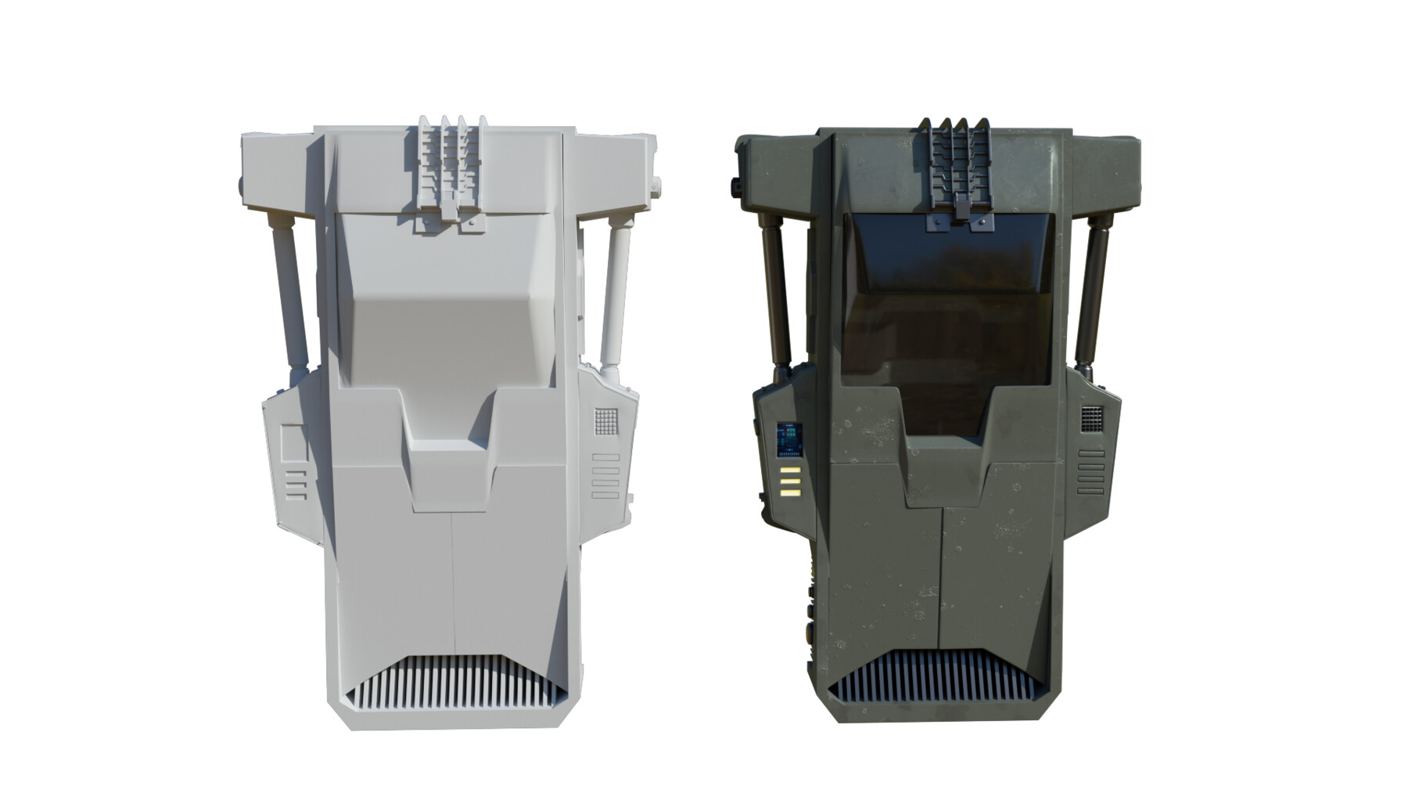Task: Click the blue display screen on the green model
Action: coord(789,441)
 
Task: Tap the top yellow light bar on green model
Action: coord(790,470)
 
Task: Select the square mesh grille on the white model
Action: coord(606,421)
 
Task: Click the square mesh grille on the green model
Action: coord(1092,419)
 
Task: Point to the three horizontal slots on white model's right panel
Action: coord(605,476)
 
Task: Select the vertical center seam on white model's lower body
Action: coord(453,579)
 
